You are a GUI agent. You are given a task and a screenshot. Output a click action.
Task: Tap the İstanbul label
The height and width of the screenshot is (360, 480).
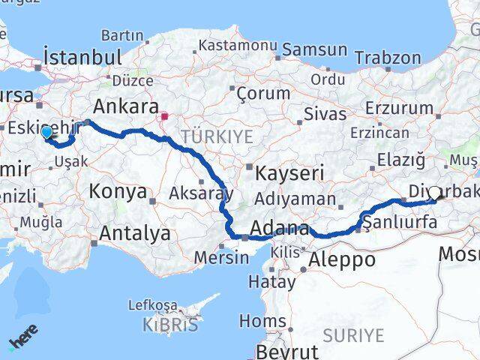(x=82, y=57)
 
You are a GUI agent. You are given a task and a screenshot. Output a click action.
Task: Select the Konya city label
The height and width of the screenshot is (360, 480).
(x=118, y=191)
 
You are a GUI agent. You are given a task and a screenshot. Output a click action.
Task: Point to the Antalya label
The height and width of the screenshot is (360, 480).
(x=135, y=234)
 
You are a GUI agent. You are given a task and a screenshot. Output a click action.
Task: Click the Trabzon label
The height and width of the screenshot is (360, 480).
(x=388, y=58)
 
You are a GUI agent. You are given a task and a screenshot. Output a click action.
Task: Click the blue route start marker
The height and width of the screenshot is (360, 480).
(x=47, y=133)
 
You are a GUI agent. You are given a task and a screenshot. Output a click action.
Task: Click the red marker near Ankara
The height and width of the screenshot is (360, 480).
(x=164, y=116)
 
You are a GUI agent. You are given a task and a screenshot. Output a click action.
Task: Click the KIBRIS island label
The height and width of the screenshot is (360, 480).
(x=171, y=325)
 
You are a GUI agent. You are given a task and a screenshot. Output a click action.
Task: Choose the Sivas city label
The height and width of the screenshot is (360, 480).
(x=326, y=114)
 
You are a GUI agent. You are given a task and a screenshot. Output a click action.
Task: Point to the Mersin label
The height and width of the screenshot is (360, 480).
(x=221, y=257)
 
